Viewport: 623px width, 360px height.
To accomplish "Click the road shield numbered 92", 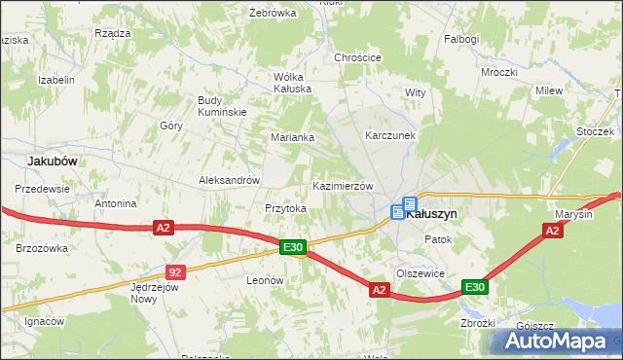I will [174, 272].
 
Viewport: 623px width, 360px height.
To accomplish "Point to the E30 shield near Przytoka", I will [294, 248].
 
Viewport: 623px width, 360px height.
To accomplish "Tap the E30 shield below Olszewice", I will [474, 287].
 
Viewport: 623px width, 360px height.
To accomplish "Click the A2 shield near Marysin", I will [552, 231].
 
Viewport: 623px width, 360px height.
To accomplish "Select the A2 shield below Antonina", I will [164, 228].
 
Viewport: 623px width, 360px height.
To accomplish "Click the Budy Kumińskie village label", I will [222, 106].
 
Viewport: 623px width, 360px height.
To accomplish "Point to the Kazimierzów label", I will [342, 186].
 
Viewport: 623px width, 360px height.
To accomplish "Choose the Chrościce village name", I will [357, 57].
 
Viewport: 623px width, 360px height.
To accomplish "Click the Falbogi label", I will [461, 39].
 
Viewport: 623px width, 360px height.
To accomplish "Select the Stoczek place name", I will [593, 130].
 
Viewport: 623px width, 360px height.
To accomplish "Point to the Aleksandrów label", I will [229, 180].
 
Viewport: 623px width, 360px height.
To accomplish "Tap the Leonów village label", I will [265, 279].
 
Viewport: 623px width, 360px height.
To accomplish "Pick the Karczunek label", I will [390, 135].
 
